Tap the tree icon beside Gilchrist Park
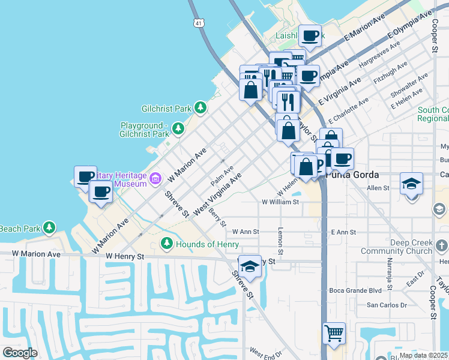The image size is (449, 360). pyautogui.click(x=200, y=109)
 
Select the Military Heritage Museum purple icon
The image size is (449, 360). pyautogui.click(x=155, y=178)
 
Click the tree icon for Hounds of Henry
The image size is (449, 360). pyautogui.click(x=167, y=244)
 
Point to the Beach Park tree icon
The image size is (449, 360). pyautogui.click(x=50, y=228)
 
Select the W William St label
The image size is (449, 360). pyautogui.click(x=280, y=203)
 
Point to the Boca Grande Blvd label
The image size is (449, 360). pyautogui.click(x=355, y=290)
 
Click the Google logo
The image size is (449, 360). pyautogui.click(x=20, y=353)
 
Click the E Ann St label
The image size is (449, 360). pyautogui.click(x=343, y=232)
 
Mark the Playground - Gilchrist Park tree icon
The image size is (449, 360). pyautogui.click(x=178, y=129)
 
